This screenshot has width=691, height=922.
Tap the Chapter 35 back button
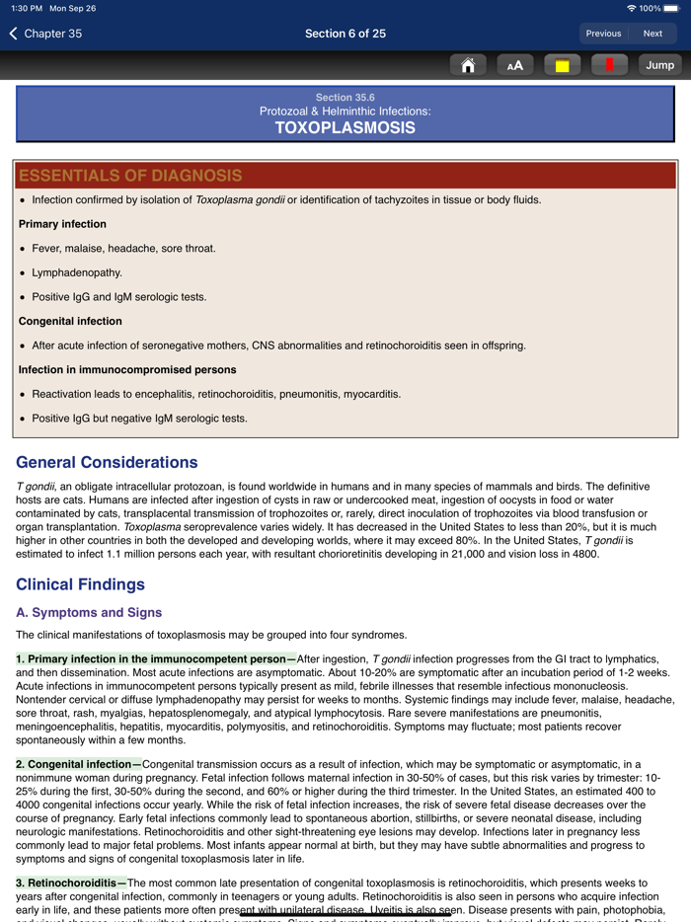pyautogui.click(x=46, y=34)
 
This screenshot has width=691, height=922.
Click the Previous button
pyautogui.click(x=603, y=34)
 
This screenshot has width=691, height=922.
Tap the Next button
pyautogui.click(x=653, y=34)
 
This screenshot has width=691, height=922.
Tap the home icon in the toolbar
pyautogui.click(x=468, y=65)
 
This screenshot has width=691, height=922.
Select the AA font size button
pyautogui.click(x=514, y=65)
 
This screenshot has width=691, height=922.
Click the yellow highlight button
pyautogui.click(x=562, y=65)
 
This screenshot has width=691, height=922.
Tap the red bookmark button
pyautogui.click(x=609, y=65)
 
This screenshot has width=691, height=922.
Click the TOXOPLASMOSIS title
pyautogui.click(x=345, y=127)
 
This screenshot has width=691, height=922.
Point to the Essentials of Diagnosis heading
pyautogui.click(x=130, y=176)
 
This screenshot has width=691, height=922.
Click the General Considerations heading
pyautogui.click(x=107, y=462)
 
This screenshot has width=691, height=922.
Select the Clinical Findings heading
pyautogui.click(x=81, y=584)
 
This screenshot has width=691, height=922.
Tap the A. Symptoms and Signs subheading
pyautogui.click(x=89, y=613)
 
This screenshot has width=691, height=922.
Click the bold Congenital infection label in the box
pyautogui.click(x=70, y=321)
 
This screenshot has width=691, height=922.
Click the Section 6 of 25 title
pyautogui.click(x=345, y=34)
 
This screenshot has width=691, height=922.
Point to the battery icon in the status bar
pyautogui.click(x=671, y=8)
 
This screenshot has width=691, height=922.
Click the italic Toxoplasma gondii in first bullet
pyautogui.click(x=240, y=199)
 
